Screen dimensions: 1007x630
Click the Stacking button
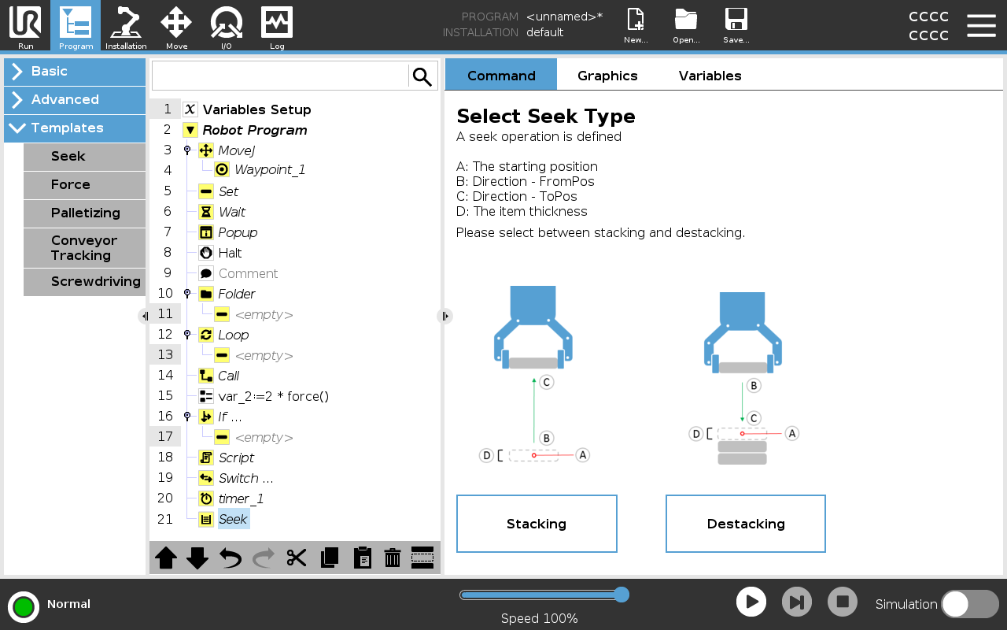pyautogui.click(x=537, y=524)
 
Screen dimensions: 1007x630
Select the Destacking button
pyautogui.click(x=745, y=524)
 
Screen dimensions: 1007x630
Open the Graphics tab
pyautogui.click(x=607, y=76)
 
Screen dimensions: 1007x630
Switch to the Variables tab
pyautogui.click(x=710, y=76)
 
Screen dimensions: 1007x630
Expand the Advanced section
pyautogui.click(x=75, y=99)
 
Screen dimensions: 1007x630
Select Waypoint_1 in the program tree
pyautogui.click(x=270, y=169)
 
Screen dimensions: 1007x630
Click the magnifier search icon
pyautogui.click(x=422, y=76)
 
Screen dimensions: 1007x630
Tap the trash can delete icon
pyautogui.click(x=393, y=558)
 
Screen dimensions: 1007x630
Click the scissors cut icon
pyautogui.click(x=297, y=558)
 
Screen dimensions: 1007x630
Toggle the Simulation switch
pyautogui.click(x=970, y=604)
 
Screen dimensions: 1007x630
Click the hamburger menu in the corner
pyautogui.click(x=981, y=26)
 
